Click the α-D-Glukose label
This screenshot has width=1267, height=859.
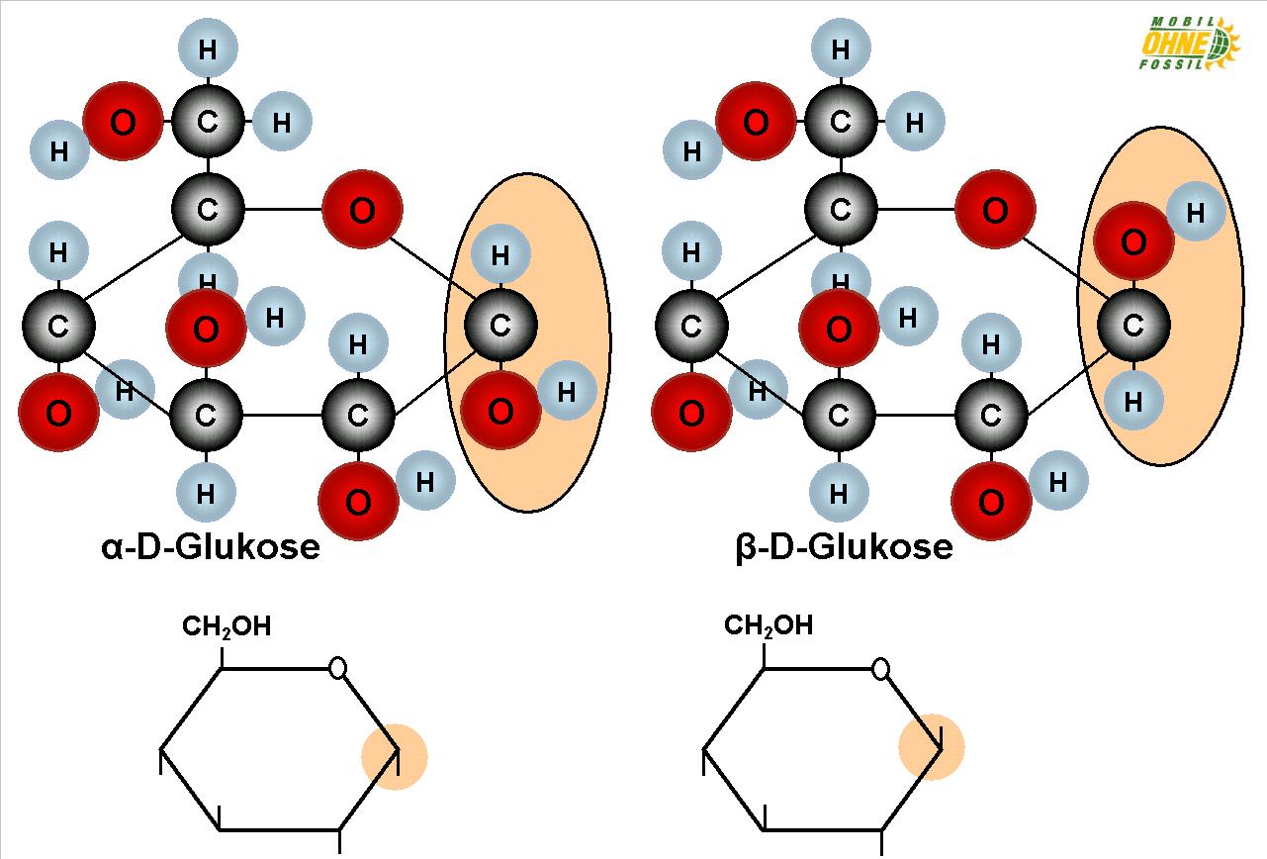(211, 547)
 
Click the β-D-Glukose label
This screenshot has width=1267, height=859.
(844, 547)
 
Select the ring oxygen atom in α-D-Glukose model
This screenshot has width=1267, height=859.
(362, 210)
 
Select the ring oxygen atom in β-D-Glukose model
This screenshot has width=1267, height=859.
(995, 210)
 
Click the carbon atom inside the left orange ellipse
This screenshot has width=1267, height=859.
(500, 325)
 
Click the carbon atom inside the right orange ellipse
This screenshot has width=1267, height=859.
(1133, 325)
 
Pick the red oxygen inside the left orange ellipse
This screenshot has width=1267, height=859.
(500, 411)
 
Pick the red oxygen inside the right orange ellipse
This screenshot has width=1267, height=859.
(1133, 241)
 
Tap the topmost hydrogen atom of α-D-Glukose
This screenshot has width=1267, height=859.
(208, 48)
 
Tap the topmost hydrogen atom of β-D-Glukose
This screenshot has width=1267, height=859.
(841, 48)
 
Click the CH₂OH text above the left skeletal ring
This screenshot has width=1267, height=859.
(226, 626)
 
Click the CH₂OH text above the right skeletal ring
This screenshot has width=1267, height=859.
(769, 625)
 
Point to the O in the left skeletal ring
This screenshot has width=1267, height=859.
(338, 669)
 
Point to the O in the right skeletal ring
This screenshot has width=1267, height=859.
(880, 669)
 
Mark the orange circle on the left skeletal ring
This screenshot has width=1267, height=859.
(394, 757)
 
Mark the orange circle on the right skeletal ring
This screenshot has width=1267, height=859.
(931, 747)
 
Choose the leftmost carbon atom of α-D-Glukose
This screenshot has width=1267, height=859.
(58, 327)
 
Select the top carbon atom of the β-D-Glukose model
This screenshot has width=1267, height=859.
(841, 123)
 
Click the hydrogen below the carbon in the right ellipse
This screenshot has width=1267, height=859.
(1133, 401)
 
